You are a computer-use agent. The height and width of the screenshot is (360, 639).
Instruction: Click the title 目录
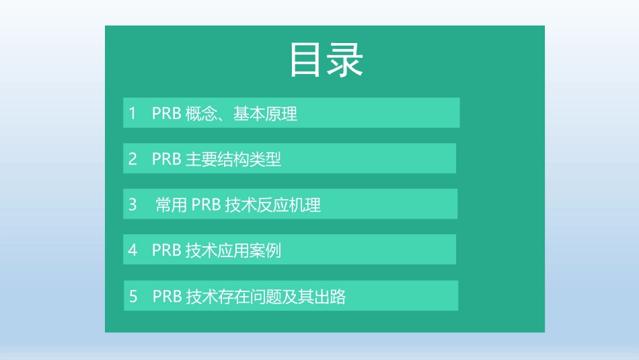tap(326, 61)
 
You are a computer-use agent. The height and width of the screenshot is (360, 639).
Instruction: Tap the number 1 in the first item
tap(133, 113)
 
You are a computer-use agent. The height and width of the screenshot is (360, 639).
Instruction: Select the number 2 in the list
tap(133, 159)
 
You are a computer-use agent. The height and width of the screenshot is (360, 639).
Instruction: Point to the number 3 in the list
tap(133, 205)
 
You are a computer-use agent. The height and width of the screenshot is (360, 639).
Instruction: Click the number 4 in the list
tap(133, 250)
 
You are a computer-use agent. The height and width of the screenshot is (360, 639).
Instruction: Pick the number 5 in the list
tap(133, 296)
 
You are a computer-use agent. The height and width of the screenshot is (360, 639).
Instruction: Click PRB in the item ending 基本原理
tap(167, 114)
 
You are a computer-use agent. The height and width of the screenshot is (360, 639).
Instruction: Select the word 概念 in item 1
tap(201, 114)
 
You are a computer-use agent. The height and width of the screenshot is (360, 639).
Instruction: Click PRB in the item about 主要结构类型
tap(167, 159)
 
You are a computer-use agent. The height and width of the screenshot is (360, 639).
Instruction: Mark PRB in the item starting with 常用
tap(206, 205)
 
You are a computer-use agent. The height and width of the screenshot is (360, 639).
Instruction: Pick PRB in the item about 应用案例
tap(167, 251)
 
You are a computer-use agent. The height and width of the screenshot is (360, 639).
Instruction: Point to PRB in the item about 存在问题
tap(167, 297)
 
